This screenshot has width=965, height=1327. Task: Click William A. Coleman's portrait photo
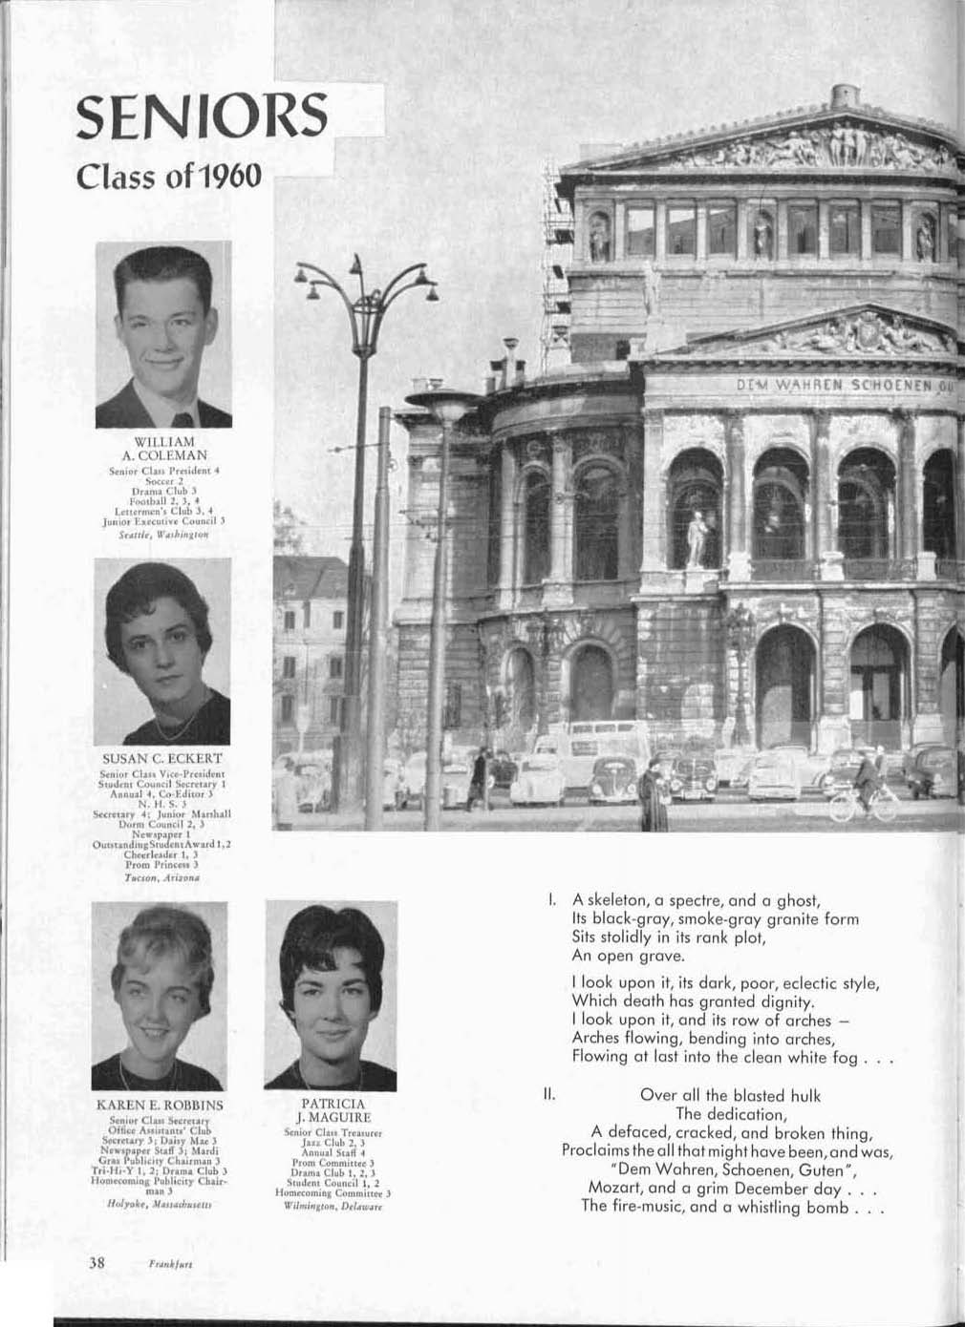coord(163,334)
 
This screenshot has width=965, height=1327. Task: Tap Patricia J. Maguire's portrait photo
coord(332,995)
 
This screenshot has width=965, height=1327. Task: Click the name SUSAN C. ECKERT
coord(162,758)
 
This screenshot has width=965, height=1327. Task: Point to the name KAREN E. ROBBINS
coord(161,1105)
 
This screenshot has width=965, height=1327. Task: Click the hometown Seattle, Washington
coord(162,536)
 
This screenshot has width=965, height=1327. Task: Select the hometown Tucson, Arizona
coord(162,875)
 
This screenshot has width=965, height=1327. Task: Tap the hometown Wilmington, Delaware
coord(332,1207)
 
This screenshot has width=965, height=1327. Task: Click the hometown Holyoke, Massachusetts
coord(161,1204)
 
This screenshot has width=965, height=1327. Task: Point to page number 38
coord(96,1261)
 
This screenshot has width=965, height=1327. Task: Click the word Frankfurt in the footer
coord(172,1262)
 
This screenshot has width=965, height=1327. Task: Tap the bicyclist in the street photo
coord(866,785)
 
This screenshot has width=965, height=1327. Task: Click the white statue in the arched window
coord(698,538)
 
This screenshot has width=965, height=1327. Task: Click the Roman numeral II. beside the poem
coord(548,1095)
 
